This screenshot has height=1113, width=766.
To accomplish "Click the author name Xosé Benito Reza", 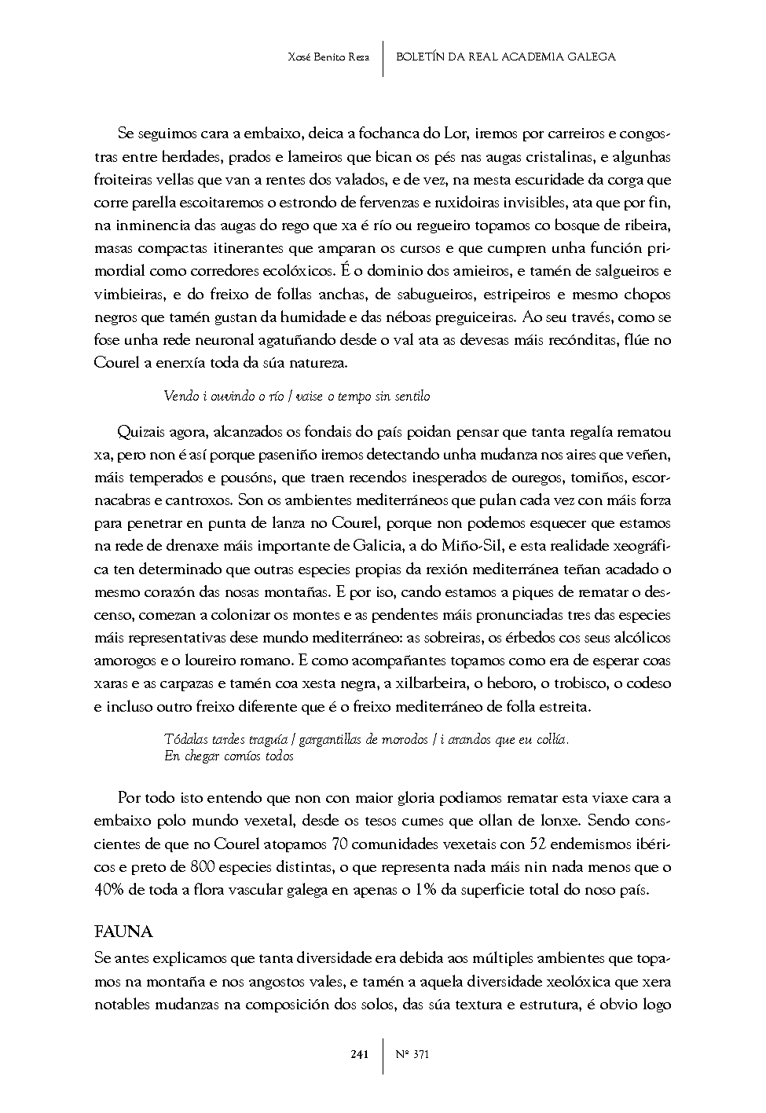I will point(328,57).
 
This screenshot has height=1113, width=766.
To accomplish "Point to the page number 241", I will point(359,1054).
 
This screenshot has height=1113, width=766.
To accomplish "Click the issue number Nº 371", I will point(411,1054).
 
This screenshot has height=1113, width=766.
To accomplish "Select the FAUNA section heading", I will point(123,932).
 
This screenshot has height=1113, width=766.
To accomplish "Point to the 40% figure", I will point(109,891).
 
